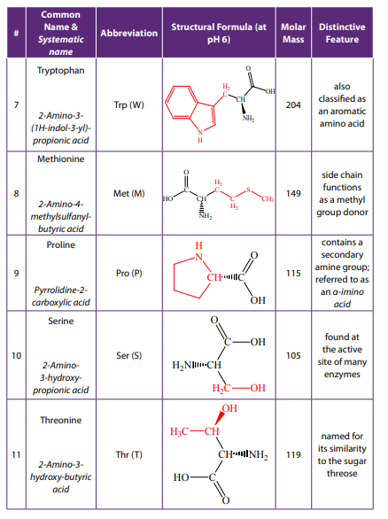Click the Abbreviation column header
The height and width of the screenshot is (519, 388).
128,33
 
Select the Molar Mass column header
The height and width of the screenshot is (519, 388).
293,33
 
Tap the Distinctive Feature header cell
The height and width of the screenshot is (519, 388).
342,33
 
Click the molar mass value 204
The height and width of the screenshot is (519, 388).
293,105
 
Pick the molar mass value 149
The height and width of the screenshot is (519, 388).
293,193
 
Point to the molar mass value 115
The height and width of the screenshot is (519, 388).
293,273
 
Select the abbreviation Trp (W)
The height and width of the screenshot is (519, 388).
128,105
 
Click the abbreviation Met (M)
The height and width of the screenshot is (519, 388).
128,193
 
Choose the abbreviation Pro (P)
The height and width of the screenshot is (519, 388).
128,273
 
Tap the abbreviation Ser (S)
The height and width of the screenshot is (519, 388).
128,355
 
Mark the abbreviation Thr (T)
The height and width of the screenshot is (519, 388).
128,454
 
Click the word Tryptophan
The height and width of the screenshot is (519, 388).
60,71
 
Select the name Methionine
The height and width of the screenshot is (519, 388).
60,159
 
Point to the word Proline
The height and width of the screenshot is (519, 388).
60,245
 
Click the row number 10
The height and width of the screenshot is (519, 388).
16,355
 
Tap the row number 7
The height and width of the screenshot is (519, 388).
16,105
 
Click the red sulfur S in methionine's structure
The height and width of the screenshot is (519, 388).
248,190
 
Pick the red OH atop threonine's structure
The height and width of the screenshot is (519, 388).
229,408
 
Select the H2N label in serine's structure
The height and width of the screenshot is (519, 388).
182,365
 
